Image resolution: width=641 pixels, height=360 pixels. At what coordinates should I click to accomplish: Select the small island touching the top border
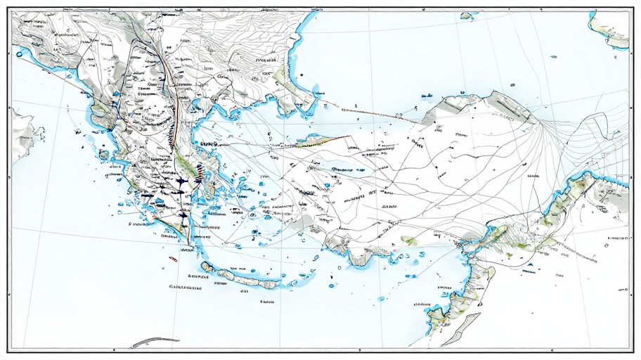click(467, 15)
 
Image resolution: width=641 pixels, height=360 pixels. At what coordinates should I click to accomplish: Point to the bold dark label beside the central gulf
click(209, 143)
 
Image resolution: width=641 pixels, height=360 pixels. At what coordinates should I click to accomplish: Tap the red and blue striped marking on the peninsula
click(201, 169)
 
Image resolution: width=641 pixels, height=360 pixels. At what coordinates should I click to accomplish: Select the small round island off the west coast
click(104, 154)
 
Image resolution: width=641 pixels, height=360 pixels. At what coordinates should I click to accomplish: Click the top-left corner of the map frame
click(8, 8)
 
